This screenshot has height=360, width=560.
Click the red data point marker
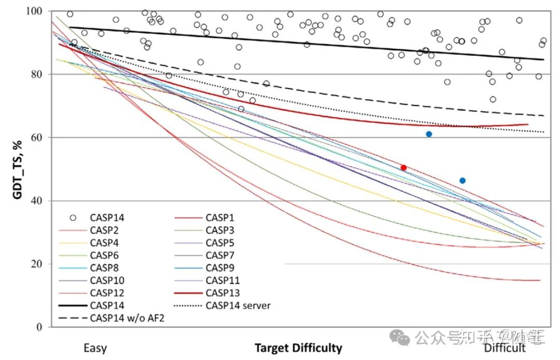[403, 168]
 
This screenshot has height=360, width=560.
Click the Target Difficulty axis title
[298, 348]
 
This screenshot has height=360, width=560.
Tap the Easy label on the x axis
[95, 348]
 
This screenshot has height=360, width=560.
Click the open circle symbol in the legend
[73, 217]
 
